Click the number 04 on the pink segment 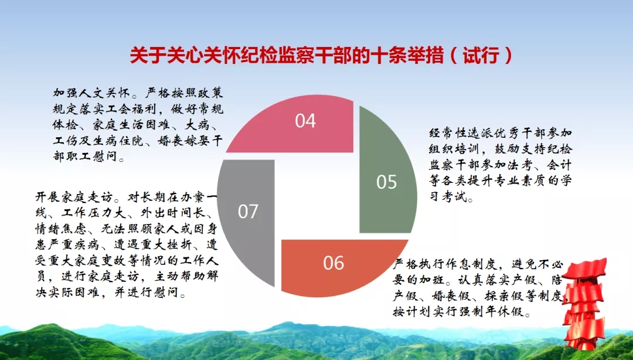coord(305,121)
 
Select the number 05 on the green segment coord(387,182)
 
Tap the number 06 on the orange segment coord(333,263)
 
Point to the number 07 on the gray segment coord(248,211)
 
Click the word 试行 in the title coord(481,55)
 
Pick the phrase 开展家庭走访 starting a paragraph coord(74,197)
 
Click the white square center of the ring coord(317,196)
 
